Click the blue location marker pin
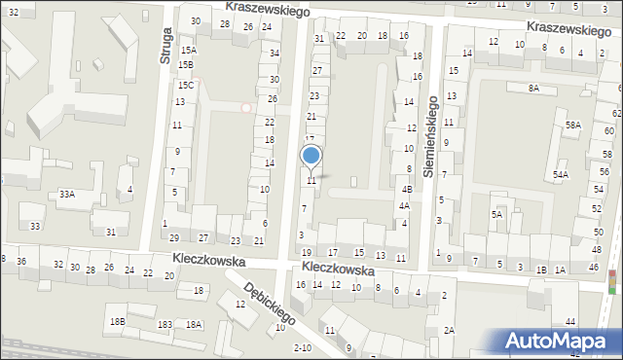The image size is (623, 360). (x=311, y=157)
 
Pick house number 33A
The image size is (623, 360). (x=66, y=194)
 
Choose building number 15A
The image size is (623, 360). (x=188, y=50)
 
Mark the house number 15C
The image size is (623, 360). (x=185, y=85)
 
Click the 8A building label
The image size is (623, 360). (x=533, y=89)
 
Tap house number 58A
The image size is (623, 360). (x=573, y=125)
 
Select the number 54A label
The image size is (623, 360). (x=561, y=175)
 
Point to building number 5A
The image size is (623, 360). (x=496, y=214)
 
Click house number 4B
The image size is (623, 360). (x=408, y=190)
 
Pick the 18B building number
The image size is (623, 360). (x=117, y=321)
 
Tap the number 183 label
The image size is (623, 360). (x=165, y=324)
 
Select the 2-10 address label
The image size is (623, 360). (x=302, y=347)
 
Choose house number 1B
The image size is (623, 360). (x=541, y=269)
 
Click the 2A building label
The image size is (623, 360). (x=449, y=330)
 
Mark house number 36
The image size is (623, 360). (x=21, y=263)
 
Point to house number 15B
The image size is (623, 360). (x=185, y=64)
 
